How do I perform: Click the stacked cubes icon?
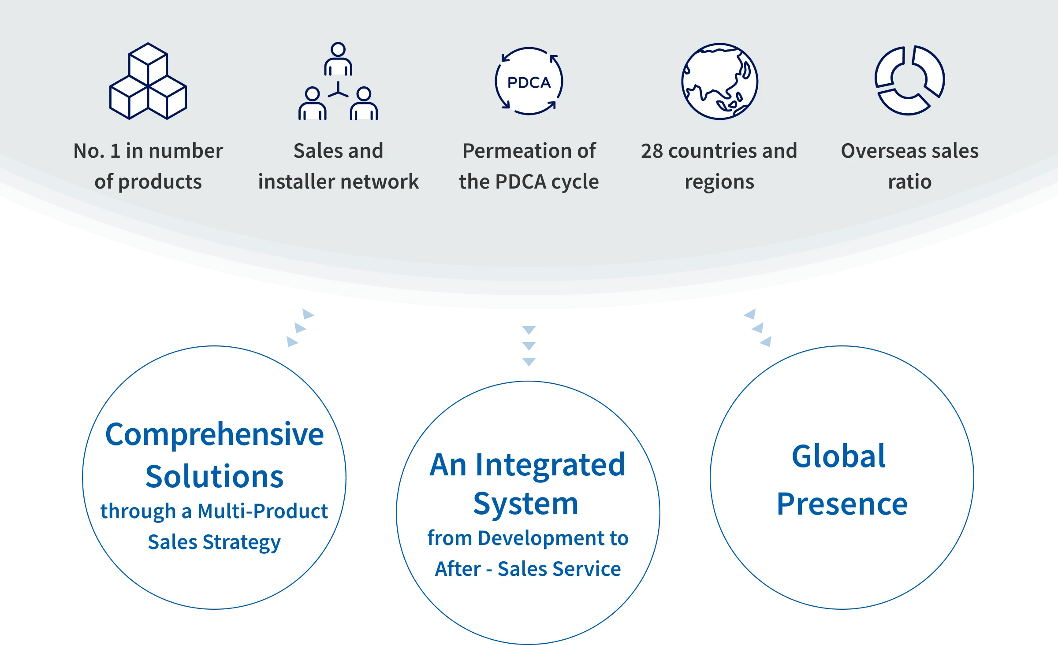(x=148, y=81)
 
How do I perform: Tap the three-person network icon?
(x=338, y=82)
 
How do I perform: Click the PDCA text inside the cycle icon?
(x=529, y=82)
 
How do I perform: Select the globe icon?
(x=719, y=82)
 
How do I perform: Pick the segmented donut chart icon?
(x=909, y=81)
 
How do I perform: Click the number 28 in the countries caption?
(x=652, y=151)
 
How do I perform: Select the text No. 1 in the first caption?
(x=96, y=151)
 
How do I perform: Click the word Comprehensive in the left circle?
(x=215, y=435)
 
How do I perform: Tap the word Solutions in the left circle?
(x=215, y=477)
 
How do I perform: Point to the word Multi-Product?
(x=262, y=512)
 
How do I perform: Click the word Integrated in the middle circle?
(x=550, y=465)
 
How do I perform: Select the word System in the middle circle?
(x=525, y=504)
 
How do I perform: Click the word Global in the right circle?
(x=838, y=456)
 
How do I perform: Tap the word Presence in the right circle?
(x=842, y=504)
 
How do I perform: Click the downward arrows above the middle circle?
(x=529, y=346)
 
